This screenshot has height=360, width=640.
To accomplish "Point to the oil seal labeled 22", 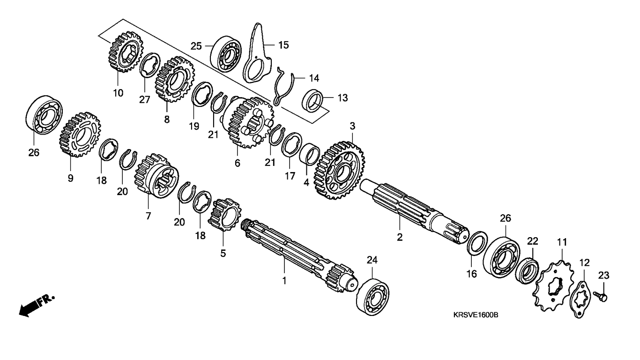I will pos(527,271).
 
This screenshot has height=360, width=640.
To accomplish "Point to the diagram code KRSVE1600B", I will pos(475,315).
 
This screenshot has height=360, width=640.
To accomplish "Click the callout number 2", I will pos(400,237).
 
